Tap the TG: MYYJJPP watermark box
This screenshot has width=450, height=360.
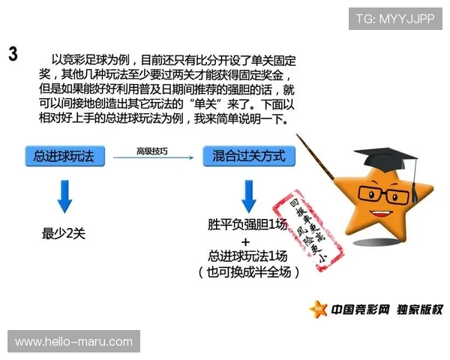(x=395, y=19)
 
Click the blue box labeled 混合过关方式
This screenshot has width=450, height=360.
(x=249, y=156)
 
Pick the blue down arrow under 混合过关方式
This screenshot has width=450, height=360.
(x=249, y=196)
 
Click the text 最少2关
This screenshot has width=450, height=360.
(x=64, y=234)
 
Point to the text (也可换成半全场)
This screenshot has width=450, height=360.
(x=249, y=271)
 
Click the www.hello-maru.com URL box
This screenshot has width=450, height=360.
(x=74, y=342)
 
